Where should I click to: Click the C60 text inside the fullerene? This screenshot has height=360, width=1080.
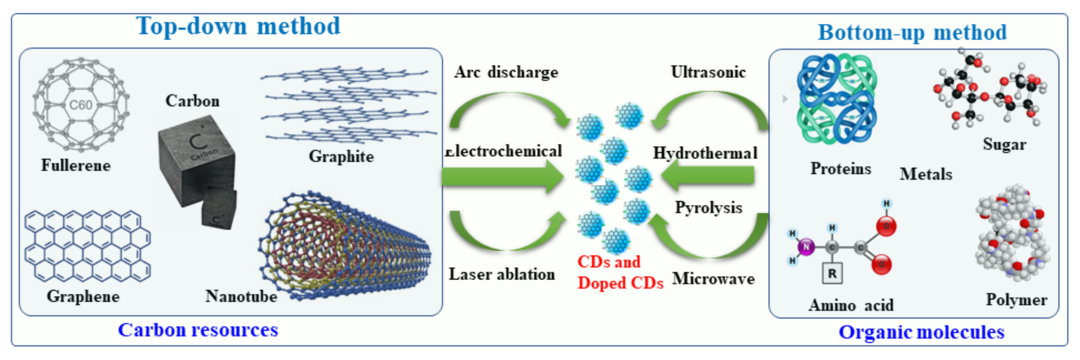(x=81, y=105)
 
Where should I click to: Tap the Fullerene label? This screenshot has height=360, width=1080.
(x=76, y=166)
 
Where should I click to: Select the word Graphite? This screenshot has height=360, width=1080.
(x=341, y=156)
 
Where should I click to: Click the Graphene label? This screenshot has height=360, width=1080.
(x=83, y=296)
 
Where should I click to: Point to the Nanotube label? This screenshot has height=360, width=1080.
(x=241, y=296)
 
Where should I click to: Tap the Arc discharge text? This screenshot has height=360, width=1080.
(x=506, y=72)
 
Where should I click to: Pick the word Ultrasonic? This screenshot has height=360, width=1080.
(x=708, y=72)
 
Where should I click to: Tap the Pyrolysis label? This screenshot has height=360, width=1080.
(x=708, y=207)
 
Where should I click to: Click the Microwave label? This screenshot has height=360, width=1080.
(x=713, y=279)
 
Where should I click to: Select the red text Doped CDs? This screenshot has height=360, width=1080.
(x=620, y=283)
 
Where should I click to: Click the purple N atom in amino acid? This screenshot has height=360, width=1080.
(x=805, y=247)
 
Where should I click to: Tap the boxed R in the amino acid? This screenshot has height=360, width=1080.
(x=832, y=274)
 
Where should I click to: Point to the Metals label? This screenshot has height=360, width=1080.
(x=926, y=174)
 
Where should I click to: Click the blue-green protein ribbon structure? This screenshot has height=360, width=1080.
(x=836, y=99)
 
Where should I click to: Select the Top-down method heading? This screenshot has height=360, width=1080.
(x=238, y=26)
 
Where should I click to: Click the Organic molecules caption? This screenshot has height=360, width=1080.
(x=921, y=332)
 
